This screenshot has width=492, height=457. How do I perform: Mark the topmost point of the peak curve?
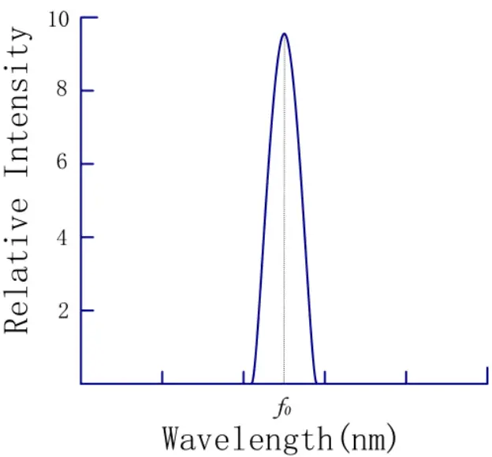tap(284, 33)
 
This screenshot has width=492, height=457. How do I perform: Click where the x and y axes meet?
tap(80, 384)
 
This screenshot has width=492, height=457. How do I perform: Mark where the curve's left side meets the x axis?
tap(252, 384)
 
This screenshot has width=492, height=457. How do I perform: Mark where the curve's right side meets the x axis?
tap(315, 384)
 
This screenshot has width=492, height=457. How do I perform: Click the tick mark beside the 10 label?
tap(89, 17)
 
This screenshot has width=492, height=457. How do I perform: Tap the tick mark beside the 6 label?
tap(89, 163)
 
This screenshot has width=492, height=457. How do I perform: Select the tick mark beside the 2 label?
tap(89, 310)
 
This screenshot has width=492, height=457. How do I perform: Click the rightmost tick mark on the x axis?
tap(486, 376)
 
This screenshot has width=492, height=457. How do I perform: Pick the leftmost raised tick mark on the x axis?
tap(162, 376)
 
